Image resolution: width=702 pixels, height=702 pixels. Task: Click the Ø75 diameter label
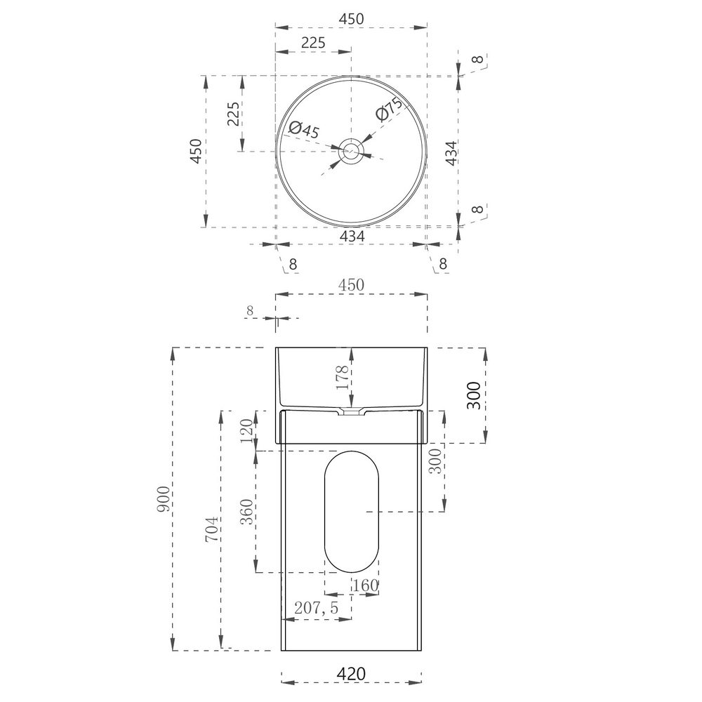tap(389, 109)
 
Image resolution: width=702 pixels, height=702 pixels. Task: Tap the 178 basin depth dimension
tap(342, 377)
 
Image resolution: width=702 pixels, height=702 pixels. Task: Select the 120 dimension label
tap(246, 431)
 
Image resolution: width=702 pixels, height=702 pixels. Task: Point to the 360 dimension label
tap(246, 512)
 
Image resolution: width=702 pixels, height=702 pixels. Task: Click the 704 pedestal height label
tap(212, 529)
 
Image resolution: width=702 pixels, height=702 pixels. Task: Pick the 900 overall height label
tap(164, 498)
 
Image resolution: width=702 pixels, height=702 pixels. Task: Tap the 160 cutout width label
tap(365, 585)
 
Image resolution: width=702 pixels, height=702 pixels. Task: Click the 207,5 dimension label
tap(316, 607)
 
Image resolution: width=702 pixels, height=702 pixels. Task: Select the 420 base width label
tap(352, 673)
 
